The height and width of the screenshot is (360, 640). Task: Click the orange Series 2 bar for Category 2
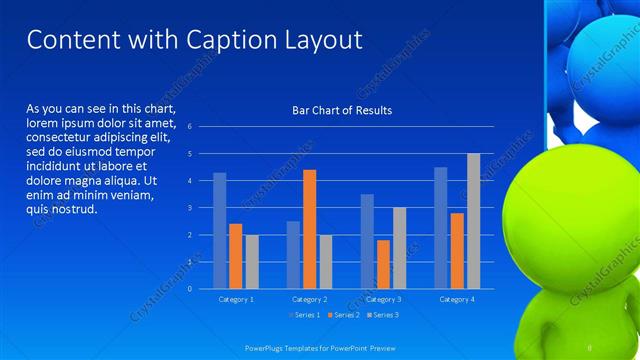click(x=309, y=229)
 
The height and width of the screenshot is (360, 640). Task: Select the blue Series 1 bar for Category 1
click(x=220, y=230)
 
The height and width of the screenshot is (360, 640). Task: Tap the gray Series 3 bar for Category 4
click(x=473, y=221)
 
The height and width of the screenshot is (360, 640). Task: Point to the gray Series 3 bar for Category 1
click(x=251, y=261)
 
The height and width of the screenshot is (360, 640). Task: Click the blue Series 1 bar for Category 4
click(x=441, y=227)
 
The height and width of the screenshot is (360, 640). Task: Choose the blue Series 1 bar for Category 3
click(x=367, y=241)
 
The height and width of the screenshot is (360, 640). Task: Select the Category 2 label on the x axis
click(x=309, y=299)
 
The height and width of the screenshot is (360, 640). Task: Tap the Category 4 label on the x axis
click(x=456, y=299)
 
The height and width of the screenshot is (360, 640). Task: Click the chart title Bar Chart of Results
click(x=341, y=110)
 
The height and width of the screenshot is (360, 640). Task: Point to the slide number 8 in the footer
click(x=590, y=346)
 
